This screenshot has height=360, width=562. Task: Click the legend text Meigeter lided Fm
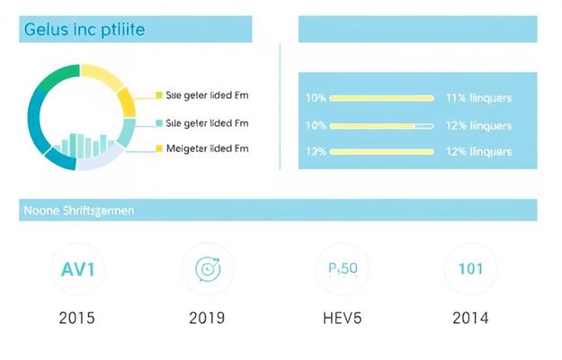208,148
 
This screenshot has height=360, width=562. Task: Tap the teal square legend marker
159,122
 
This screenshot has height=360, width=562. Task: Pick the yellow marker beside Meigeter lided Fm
159,148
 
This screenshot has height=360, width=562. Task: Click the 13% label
316,152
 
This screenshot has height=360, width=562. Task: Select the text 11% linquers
478,97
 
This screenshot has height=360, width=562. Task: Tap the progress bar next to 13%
382,152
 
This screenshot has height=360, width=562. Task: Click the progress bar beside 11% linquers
382,97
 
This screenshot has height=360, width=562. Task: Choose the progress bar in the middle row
382,125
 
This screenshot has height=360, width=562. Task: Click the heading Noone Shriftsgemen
77,211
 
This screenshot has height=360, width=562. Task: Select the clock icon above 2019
207,268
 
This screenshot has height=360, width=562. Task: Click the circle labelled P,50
343,268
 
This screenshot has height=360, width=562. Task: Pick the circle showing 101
471,268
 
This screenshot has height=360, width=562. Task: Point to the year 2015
76,318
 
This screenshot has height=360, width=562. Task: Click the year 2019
207,318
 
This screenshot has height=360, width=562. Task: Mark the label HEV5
343,318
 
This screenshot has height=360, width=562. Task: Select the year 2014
471,318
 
